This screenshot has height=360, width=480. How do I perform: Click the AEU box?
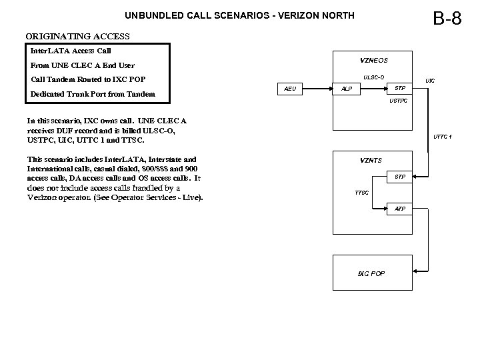(x=291, y=89)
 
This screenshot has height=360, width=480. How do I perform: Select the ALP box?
(x=347, y=89)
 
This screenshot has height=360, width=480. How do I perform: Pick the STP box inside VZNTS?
(x=400, y=177)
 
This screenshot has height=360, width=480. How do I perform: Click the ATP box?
(x=400, y=209)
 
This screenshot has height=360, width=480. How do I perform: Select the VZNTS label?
(x=371, y=160)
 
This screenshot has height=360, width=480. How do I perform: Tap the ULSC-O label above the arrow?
(x=373, y=77)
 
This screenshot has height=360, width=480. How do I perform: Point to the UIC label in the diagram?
(x=430, y=81)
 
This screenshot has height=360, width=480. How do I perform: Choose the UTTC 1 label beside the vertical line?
(x=442, y=137)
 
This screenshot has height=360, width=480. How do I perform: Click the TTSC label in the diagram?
(x=362, y=193)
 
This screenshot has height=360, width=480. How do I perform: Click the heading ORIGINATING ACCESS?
(x=77, y=36)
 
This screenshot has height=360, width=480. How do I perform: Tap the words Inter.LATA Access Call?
(x=71, y=51)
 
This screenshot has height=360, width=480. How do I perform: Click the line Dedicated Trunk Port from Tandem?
(x=93, y=94)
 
